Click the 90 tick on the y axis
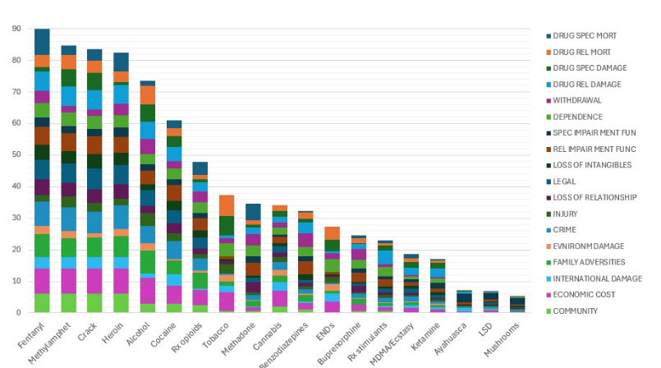click(16, 29)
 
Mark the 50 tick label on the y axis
click(16, 154)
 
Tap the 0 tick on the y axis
click(18, 312)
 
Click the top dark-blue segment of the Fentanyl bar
click(42, 42)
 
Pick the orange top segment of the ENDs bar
click(332, 233)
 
